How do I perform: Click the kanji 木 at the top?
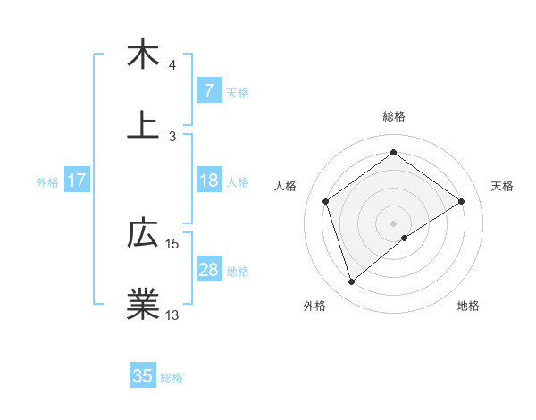[x=143, y=55]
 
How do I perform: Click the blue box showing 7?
[x=208, y=91]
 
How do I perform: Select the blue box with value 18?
[x=208, y=181]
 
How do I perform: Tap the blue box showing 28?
[x=208, y=270]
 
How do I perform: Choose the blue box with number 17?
[x=76, y=181]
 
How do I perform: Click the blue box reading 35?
[x=143, y=376]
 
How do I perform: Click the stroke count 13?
[x=172, y=315]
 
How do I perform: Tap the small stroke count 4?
[x=172, y=65]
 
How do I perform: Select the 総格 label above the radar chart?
[x=394, y=116]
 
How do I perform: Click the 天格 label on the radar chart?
[x=503, y=186]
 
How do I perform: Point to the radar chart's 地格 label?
[x=468, y=307]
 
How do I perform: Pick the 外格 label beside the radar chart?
[x=314, y=307]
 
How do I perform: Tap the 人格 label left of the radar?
[x=286, y=186]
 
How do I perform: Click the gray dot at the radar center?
[x=394, y=223]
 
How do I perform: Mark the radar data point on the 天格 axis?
[x=461, y=201]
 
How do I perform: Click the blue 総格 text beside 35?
[x=172, y=377]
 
